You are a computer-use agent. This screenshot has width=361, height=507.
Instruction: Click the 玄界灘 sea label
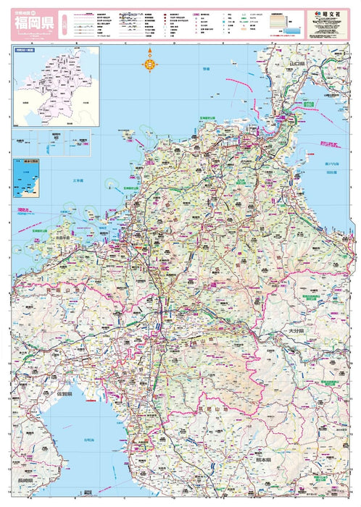(x=78, y=180)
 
